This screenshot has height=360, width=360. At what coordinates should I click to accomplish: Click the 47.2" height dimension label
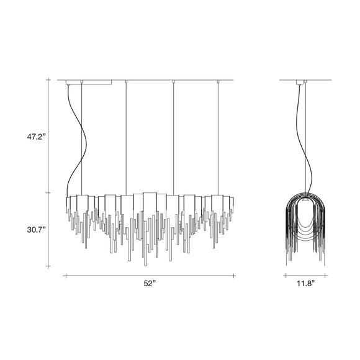tap(37, 137)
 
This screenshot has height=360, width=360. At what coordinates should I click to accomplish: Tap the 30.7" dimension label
tap(37, 230)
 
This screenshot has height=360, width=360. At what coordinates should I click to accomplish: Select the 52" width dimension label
tap(150, 284)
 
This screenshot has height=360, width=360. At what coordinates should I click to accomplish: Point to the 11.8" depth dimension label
tap(305, 284)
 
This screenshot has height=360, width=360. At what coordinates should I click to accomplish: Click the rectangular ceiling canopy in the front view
tap(89, 82)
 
